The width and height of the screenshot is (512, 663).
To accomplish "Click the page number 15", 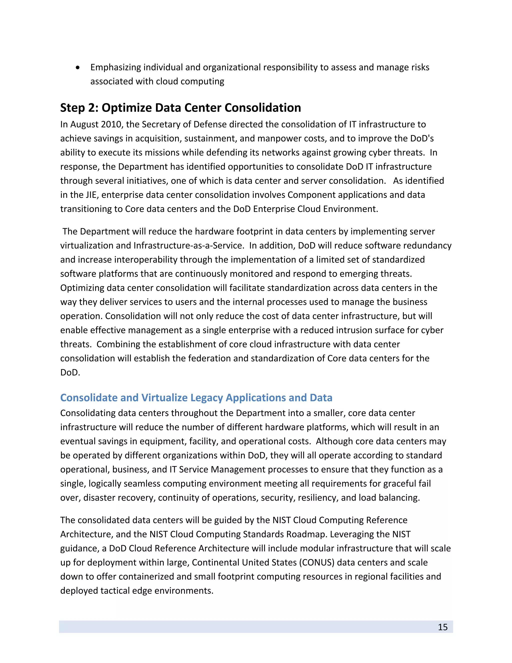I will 442,627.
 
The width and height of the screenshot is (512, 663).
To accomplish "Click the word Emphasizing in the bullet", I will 115,67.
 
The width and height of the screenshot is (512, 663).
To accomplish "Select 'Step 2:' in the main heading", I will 79,108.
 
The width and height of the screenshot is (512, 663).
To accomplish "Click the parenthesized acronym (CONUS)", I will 317,562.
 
